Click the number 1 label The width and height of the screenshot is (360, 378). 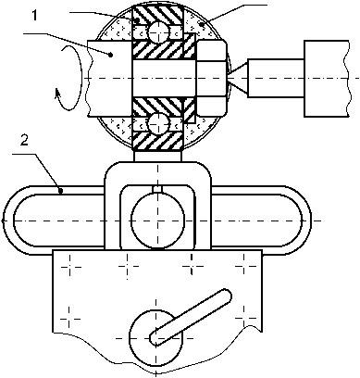(x=35, y=16)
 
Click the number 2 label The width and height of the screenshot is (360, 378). (x=24, y=141)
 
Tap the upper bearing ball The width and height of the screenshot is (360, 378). (x=158, y=31)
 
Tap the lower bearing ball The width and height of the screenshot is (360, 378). (x=158, y=124)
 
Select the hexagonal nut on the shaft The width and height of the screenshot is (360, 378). (x=211, y=78)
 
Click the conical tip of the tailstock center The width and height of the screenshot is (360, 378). (x=238, y=78)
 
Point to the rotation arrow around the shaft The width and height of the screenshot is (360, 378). (x=69, y=77)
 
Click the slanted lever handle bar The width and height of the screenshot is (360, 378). (x=191, y=317)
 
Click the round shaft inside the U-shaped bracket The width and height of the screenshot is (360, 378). (x=158, y=220)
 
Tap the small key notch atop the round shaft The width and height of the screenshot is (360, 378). (x=158, y=189)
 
